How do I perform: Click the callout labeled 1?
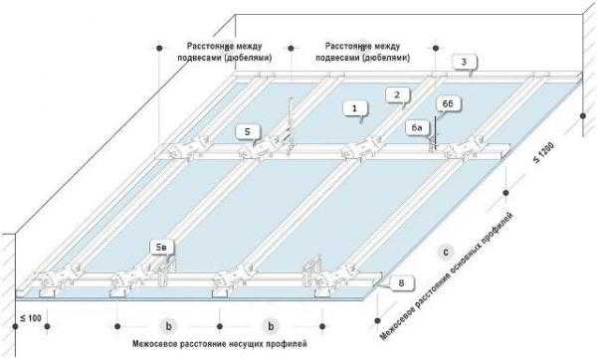[x=355, y=108]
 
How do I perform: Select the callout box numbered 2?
[x=397, y=94]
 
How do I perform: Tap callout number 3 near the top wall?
[x=464, y=62]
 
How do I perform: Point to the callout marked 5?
[x=248, y=132]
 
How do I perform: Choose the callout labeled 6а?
[x=417, y=128]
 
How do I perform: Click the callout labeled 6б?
[x=449, y=103]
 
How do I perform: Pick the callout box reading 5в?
[x=161, y=248]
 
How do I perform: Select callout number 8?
[x=401, y=283]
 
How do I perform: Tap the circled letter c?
[x=446, y=252]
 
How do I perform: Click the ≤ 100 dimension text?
[x=30, y=318]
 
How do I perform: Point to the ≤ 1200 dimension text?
[x=543, y=152]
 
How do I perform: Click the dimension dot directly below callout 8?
[x=377, y=321]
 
